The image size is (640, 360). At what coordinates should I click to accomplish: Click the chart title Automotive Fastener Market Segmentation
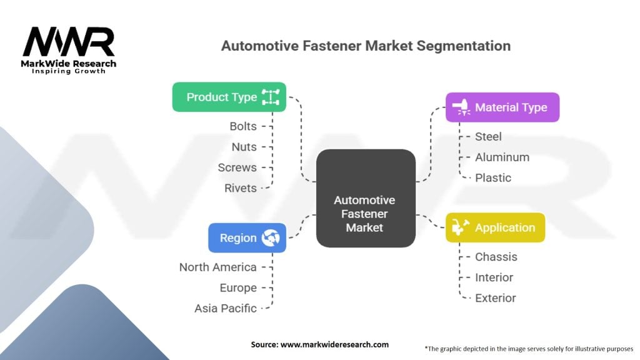(x=366, y=46)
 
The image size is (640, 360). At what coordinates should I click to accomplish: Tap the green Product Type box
(x=229, y=97)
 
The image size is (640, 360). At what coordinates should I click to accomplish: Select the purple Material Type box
(x=502, y=107)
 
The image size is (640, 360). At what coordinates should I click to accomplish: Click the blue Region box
(x=247, y=237)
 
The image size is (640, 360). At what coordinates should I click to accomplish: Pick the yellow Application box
(x=495, y=227)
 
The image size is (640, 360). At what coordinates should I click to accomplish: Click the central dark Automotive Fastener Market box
(x=365, y=198)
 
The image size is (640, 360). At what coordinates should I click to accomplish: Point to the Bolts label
(x=243, y=126)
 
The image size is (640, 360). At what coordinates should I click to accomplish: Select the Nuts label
(x=244, y=147)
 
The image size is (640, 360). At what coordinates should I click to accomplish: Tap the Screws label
(x=237, y=167)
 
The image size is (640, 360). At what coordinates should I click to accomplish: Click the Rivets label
(x=241, y=188)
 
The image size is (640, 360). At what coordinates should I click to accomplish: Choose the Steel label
(x=488, y=136)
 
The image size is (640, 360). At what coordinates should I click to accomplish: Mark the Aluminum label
(x=502, y=157)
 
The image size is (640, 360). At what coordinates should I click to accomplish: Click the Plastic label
(x=493, y=177)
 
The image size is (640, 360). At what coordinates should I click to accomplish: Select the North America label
(x=217, y=267)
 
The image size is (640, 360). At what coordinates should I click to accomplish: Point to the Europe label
(x=238, y=287)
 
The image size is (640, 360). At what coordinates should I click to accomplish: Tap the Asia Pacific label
(x=226, y=308)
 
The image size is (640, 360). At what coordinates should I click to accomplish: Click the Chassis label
(x=496, y=256)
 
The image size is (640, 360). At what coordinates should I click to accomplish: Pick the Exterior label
(x=496, y=297)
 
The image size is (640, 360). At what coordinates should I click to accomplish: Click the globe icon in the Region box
(x=272, y=237)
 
